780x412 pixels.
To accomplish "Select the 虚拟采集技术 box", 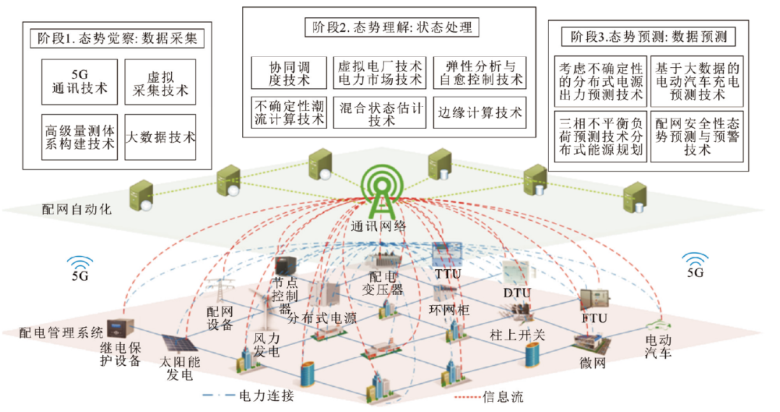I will pos(160,81).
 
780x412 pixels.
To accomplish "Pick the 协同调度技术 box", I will pos(288,72).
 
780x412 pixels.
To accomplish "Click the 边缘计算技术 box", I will pos(480,113).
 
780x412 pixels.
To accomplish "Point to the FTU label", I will pos(594,318).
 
